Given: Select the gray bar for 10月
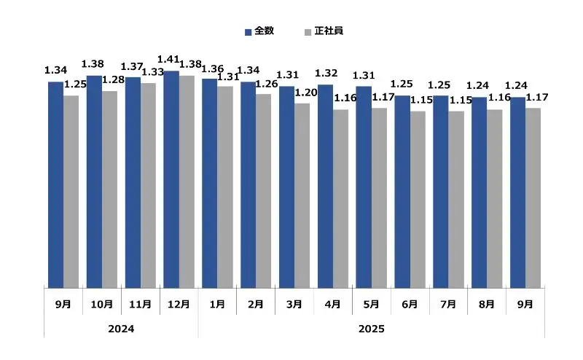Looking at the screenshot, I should pos(109,189).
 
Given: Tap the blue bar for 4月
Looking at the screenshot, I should pos(325,186).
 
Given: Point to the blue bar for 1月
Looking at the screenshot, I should pos(210,183).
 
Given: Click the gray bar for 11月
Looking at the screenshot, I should pos(148,185).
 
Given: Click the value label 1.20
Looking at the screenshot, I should pos(306,93).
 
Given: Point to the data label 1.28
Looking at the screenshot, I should pos(114,80).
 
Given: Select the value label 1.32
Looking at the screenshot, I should pos(327,73).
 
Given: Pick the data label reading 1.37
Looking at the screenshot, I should pos(133,67).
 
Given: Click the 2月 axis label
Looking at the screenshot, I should pos(255,304).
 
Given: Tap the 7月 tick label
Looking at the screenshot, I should pos(448,304).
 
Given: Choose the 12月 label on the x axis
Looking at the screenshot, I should pos(179,304).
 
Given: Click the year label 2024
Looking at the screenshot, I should pos(121,329).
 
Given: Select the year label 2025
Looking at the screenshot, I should pos(371,329).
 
